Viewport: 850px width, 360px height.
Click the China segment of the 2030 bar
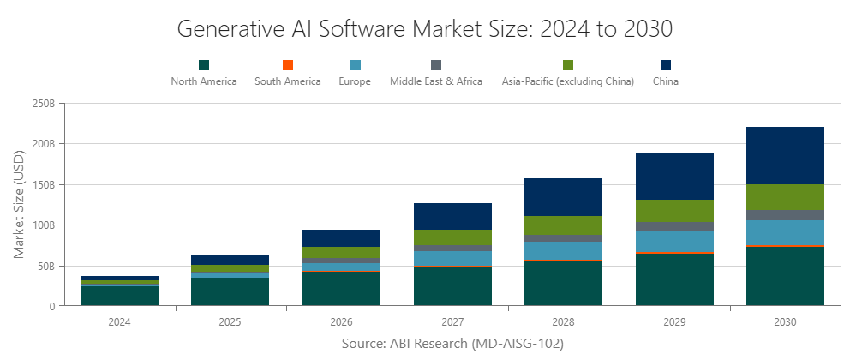tap(785, 155)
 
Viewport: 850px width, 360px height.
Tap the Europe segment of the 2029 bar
tap(674, 241)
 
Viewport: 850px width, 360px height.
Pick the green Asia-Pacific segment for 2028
tap(563, 225)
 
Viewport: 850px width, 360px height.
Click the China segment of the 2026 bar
tap(341, 238)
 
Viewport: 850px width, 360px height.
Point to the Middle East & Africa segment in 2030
tap(785, 215)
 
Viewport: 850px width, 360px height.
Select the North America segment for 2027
tap(452, 286)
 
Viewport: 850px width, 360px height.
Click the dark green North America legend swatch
tap(204, 65)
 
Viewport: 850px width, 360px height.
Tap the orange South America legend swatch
tap(288, 65)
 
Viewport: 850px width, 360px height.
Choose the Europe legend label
tap(356, 81)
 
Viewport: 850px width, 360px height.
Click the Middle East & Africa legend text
tap(436, 81)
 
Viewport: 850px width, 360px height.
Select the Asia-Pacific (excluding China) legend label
tap(567, 81)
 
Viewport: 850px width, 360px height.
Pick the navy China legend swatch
tap(666, 65)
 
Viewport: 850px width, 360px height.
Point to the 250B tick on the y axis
tap(44, 103)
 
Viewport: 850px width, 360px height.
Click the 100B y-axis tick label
tap(44, 225)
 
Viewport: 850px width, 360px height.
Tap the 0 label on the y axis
tap(52, 306)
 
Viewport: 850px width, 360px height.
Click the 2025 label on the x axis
tap(230, 322)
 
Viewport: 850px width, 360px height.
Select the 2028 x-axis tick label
tap(563, 322)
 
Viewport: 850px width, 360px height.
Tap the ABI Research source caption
tap(452, 343)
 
